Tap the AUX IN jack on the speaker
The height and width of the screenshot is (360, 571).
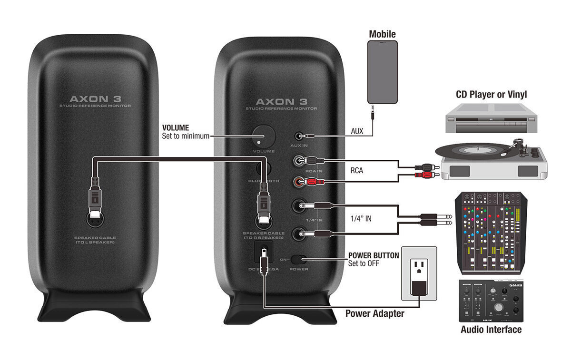coord(299,136)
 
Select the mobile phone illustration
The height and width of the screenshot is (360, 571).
coord(382,72)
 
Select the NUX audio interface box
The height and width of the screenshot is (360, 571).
coord(491,300)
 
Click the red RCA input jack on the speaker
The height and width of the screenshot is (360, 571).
coord(299,181)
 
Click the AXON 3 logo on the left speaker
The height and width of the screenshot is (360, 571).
coord(95,99)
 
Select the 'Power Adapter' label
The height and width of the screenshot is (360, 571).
coord(374,313)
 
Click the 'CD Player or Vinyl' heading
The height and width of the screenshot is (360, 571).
coord(491,94)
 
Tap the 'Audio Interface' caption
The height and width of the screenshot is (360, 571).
coord(491,330)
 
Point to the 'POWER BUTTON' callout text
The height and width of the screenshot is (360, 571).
coord(374,255)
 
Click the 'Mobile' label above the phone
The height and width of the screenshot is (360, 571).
coord(382,34)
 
